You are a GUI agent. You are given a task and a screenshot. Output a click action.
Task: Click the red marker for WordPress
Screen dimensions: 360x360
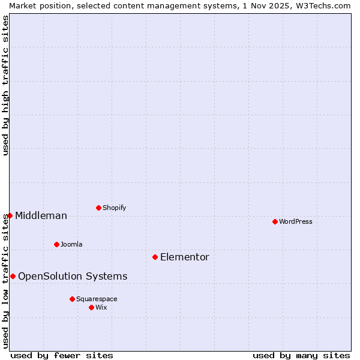pos(275,221)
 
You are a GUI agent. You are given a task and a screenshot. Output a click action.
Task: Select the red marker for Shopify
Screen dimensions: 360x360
pos(98,208)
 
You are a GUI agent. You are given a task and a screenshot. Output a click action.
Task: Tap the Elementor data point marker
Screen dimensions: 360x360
pos(155,257)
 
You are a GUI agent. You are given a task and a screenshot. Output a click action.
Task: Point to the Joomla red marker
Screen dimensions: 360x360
pos(56,244)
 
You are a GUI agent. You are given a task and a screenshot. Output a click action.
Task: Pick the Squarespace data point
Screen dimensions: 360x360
pos(72,299)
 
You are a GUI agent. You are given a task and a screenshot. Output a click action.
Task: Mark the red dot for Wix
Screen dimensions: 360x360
pos(91,307)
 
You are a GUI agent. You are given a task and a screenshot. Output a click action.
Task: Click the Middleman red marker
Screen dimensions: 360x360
pos(10,215)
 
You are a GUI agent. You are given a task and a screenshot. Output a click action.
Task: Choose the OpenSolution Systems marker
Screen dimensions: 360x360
pos(13,276)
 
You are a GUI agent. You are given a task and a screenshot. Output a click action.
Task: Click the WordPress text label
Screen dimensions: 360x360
pos(296,221)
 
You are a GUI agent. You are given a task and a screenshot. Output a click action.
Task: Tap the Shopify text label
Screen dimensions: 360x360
pos(115,208)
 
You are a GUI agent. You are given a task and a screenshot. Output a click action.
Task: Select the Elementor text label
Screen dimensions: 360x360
pos(185,257)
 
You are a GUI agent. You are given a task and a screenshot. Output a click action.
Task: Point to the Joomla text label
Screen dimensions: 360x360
pos(71,244)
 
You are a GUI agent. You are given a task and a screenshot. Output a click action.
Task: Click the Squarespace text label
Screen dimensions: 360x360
pos(97,299)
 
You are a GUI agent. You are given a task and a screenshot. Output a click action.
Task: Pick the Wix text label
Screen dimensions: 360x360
pos(101,307)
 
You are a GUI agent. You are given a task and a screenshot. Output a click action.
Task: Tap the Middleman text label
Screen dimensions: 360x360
pos(41,215)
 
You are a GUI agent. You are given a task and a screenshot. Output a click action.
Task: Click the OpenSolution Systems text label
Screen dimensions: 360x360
pos(73,276)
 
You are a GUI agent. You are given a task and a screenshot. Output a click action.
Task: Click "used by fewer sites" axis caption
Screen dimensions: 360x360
pos(62,355)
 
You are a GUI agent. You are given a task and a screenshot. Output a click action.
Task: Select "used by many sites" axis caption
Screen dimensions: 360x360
pos(301,355)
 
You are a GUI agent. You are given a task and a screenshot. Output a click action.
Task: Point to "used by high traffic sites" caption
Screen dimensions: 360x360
pos(5,85)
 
